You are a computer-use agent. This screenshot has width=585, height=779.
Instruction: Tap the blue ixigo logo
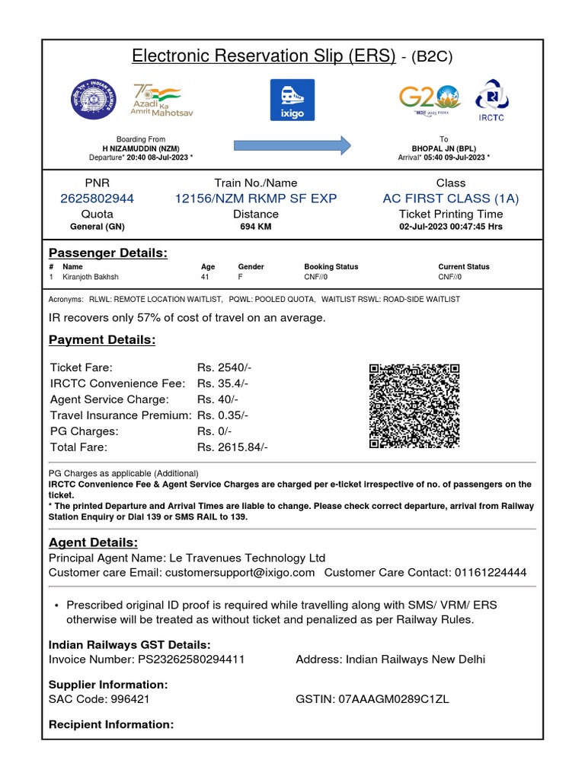click(x=292, y=100)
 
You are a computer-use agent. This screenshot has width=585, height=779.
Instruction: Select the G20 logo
click(x=429, y=100)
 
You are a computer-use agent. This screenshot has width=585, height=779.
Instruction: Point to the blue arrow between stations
click(x=292, y=145)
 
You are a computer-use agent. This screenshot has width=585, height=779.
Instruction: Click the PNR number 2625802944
click(x=97, y=199)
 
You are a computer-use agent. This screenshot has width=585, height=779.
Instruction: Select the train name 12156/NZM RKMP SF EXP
click(x=256, y=199)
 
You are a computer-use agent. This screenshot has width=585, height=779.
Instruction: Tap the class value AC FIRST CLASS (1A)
click(x=451, y=199)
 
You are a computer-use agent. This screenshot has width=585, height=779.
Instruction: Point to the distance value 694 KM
click(x=256, y=227)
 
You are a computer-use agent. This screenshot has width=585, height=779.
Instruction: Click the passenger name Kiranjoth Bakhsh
click(x=91, y=277)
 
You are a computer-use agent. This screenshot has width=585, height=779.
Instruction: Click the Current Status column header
click(x=464, y=267)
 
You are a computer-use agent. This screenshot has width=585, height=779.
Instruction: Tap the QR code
click(x=414, y=406)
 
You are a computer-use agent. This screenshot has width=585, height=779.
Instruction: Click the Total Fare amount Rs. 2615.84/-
click(x=232, y=447)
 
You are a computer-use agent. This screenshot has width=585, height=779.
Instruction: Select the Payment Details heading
click(x=102, y=339)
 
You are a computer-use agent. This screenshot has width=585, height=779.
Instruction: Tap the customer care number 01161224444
click(x=490, y=572)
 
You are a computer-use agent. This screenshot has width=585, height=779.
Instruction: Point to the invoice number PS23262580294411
click(x=191, y=660)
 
